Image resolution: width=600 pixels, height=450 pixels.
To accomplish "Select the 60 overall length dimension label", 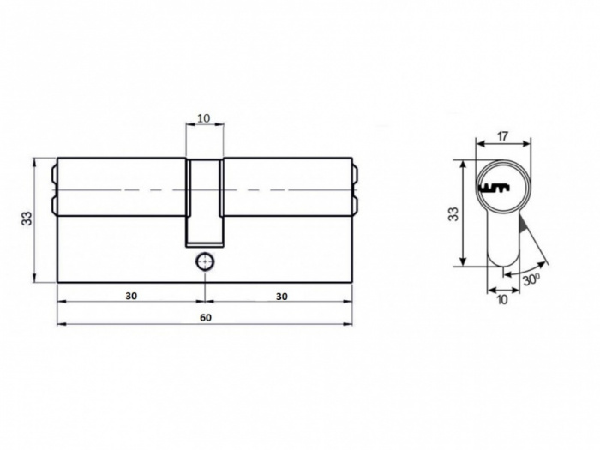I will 205,317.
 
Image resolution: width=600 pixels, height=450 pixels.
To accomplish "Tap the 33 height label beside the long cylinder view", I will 27,219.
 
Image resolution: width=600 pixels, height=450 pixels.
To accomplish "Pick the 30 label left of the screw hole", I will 130,295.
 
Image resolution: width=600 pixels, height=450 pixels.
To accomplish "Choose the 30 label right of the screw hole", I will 280,295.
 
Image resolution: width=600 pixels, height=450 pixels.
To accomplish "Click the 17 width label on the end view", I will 502,135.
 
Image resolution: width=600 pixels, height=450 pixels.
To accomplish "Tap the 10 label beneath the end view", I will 501,299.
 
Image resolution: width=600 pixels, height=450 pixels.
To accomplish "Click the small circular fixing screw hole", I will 204,261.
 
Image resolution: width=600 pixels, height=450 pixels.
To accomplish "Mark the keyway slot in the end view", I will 495,186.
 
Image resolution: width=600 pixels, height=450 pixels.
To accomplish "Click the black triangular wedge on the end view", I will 524,227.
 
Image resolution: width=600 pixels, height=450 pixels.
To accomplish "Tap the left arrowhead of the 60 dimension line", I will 60,324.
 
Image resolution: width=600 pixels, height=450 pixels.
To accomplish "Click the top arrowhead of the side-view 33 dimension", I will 35,160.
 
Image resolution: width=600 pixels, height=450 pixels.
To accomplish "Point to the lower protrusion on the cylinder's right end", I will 355,206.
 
